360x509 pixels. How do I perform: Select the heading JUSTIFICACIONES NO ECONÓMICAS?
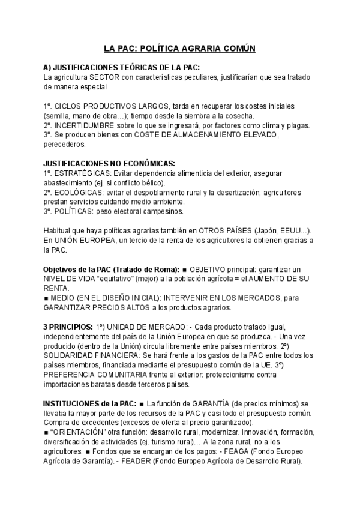109,163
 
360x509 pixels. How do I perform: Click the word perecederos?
65,145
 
